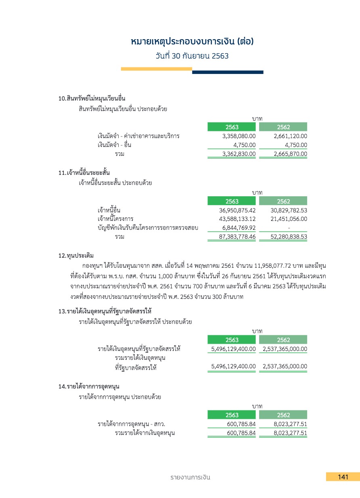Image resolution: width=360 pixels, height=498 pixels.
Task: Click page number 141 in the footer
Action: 343,477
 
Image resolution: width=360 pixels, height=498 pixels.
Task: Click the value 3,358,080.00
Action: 239,136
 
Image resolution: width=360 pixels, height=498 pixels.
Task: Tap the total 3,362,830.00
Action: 239,154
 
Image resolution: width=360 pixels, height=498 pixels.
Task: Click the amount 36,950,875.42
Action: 237,210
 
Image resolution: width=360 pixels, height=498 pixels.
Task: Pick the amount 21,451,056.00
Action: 289,219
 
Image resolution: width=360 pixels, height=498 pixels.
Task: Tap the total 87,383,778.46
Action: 237,237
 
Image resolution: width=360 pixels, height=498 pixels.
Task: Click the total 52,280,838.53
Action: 289,237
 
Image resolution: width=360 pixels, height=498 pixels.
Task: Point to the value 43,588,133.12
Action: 237,219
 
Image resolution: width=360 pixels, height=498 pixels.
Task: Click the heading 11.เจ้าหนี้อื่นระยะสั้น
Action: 84,173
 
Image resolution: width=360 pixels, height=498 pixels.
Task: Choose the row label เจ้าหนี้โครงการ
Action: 115,219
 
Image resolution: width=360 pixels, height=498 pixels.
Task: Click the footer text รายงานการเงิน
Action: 190,477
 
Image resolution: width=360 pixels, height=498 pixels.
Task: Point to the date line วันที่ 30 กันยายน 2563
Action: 192,56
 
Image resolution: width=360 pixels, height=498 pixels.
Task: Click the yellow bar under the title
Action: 156,69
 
